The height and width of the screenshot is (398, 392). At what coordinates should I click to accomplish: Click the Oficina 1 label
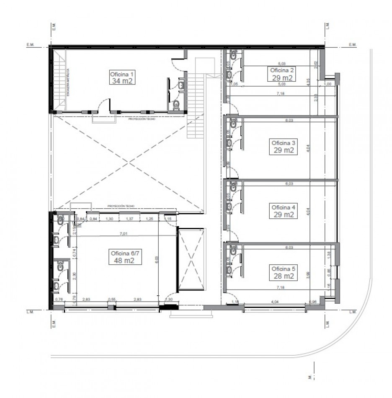[x=121, y=74]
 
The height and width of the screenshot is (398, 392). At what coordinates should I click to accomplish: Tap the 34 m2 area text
[x=122, y=81]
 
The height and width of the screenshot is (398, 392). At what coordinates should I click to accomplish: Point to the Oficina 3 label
[x=284, y=143]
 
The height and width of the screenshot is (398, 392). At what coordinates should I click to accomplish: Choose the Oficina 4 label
[x=284, y=207]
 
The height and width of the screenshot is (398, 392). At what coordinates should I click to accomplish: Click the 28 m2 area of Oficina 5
[x=284, y=277]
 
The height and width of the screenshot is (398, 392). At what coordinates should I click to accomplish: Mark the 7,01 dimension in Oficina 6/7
[x=123, y=234]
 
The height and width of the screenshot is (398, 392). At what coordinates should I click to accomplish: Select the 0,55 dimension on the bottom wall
[x=112, y=300]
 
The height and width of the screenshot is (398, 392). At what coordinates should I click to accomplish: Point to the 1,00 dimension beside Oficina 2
[x=328, y=84]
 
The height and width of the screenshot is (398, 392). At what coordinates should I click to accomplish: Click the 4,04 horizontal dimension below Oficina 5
[x=275, y=301]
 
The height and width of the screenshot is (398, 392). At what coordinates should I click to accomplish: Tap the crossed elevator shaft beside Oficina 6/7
[x=191, y=259]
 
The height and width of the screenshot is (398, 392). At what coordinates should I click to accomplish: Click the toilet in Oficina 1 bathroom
[x=176, y=104]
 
